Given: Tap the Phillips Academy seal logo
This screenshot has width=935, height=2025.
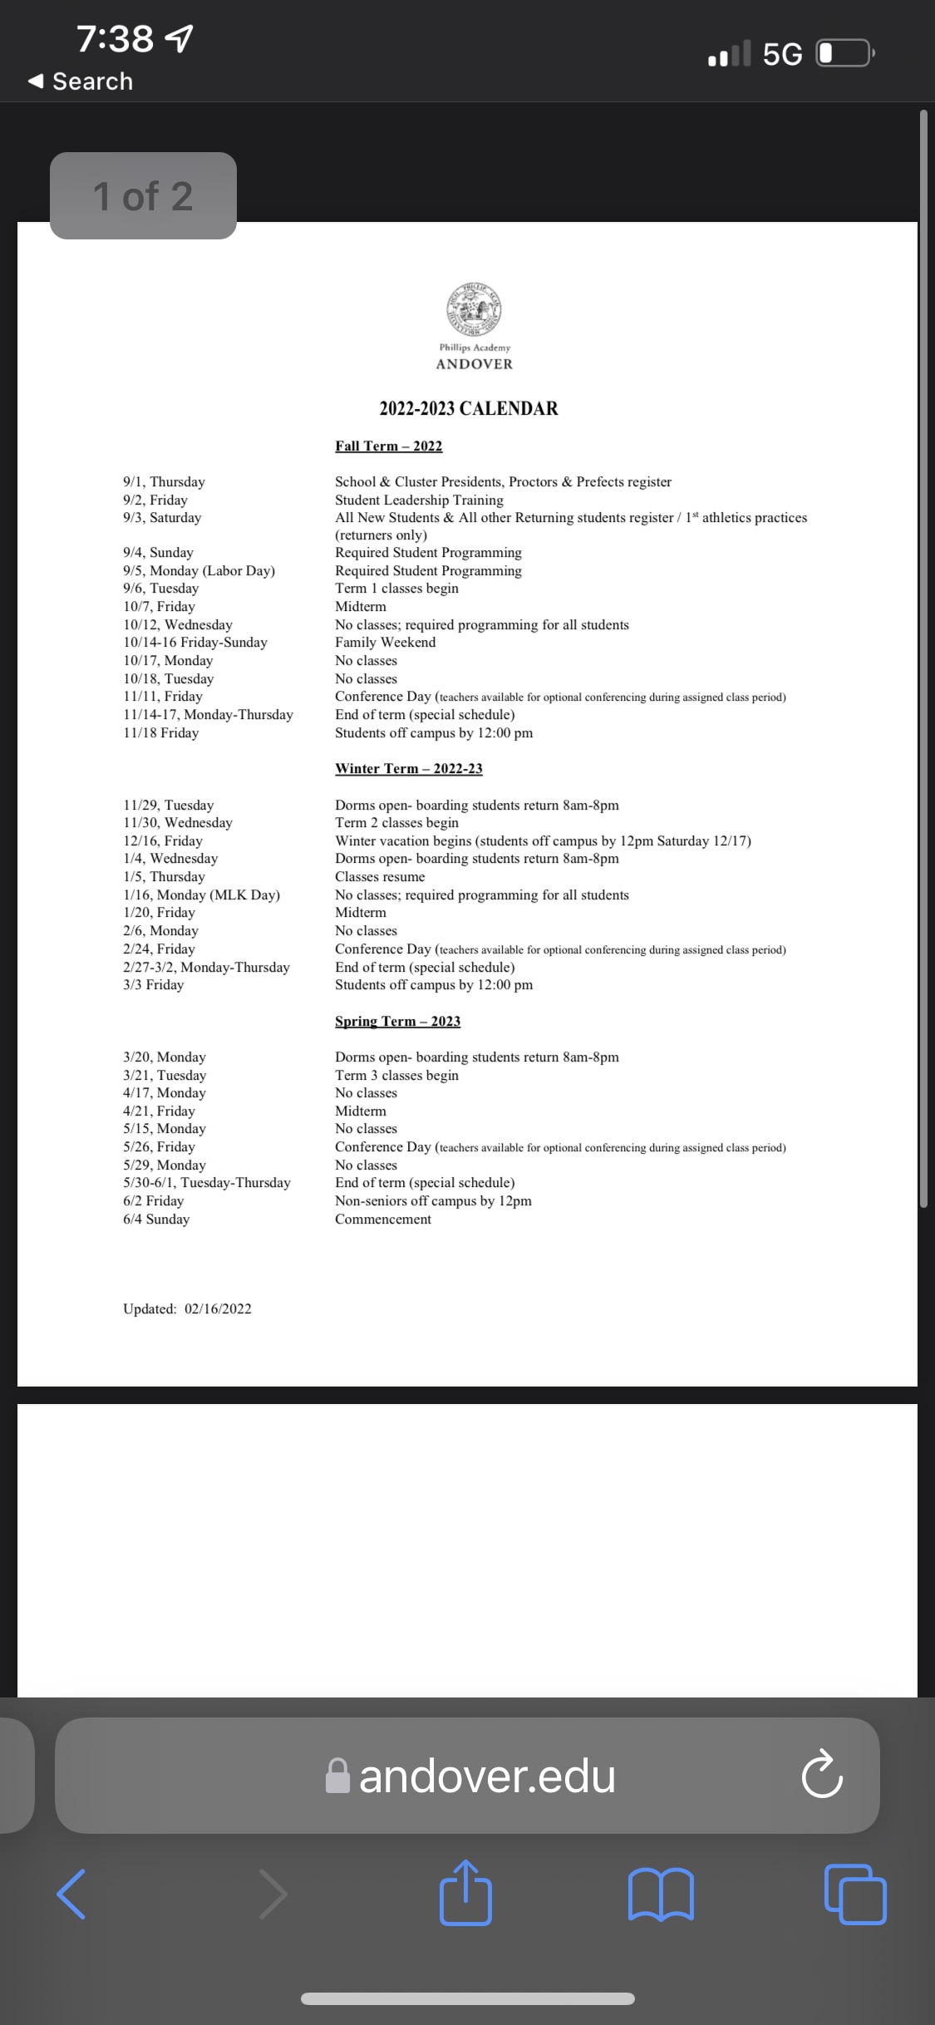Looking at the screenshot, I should (x=474, y=309).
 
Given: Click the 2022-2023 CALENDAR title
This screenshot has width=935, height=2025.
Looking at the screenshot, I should (x=469, y=408).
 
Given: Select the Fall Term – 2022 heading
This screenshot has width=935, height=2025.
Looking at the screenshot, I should (x=388, y=446).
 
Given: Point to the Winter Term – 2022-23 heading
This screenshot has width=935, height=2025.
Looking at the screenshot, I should (x=408, y=769).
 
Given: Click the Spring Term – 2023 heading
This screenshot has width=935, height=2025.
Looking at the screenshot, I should (x=397, y=1021).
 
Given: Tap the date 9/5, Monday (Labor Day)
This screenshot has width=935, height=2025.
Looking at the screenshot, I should (x=199, y=571).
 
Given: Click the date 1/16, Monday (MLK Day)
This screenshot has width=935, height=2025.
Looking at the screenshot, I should (x=201, y=895).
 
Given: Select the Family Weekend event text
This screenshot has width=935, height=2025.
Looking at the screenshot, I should (x=385, y=643).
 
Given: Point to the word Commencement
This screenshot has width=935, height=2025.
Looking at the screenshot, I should (x=382, y=1219).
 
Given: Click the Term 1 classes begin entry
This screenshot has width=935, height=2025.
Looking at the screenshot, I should (x=396, y=589).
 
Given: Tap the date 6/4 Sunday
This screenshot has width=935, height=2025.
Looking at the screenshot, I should (x=156, y=1219).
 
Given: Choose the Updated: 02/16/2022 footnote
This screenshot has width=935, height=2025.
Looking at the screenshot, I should (x=187, y=1309).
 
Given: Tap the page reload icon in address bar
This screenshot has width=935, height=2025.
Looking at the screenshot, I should (x=822, y=1775).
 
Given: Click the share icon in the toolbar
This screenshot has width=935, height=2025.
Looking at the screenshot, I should (x=465, y=1894).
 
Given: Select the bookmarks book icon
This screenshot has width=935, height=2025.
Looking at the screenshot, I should (x=662, y=1894).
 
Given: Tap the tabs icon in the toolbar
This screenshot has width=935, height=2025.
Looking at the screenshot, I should (x=854, y=1894).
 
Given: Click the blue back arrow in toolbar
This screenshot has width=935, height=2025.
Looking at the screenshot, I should (x=71, y=1894).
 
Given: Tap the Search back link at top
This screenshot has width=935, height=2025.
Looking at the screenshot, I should (x=81, y=81).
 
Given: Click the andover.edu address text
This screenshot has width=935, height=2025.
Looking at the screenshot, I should (x=487, y=1776).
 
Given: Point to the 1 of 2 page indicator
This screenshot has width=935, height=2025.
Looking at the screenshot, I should (x=143, y=196).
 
